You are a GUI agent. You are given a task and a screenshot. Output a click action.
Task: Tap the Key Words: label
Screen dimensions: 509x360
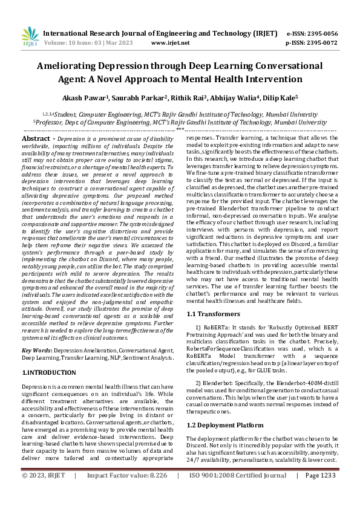coord(37,351)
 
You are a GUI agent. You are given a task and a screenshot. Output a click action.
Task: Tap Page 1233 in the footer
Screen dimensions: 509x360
coord(321,493)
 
